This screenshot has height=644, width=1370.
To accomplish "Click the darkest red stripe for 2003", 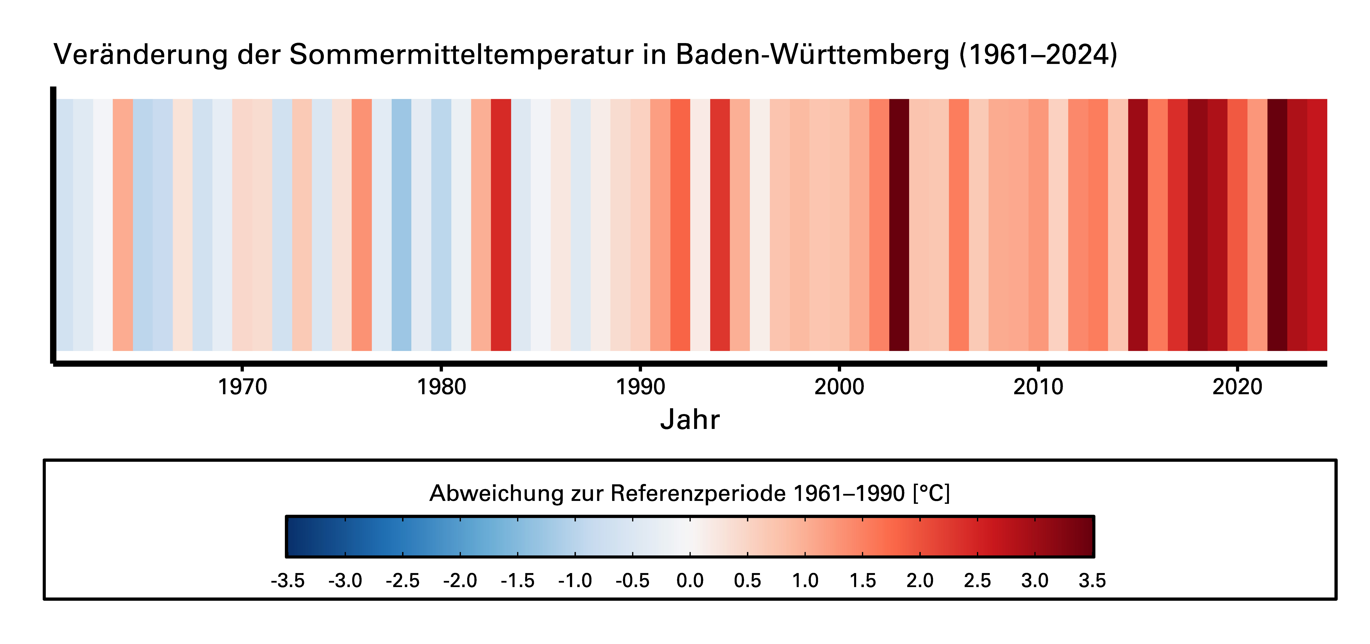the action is (899, 225).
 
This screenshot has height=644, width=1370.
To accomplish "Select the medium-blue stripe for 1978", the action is (402, 225).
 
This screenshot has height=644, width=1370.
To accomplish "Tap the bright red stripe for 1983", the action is (501, 225).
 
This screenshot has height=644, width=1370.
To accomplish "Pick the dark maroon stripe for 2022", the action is (1277, 225).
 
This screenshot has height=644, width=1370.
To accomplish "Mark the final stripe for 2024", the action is (1317, 225).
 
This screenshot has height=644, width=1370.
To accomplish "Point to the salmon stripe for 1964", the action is (123, 225).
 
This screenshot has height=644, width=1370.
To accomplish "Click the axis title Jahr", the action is (690, 419).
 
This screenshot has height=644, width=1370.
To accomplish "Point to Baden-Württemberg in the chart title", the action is (813, 54).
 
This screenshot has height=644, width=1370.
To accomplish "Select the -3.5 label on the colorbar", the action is (288, 580).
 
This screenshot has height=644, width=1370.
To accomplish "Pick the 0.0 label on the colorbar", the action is (690, 580).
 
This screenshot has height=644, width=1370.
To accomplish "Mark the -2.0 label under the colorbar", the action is (460, 580).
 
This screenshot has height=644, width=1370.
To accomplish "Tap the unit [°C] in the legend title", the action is (931, 493).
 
